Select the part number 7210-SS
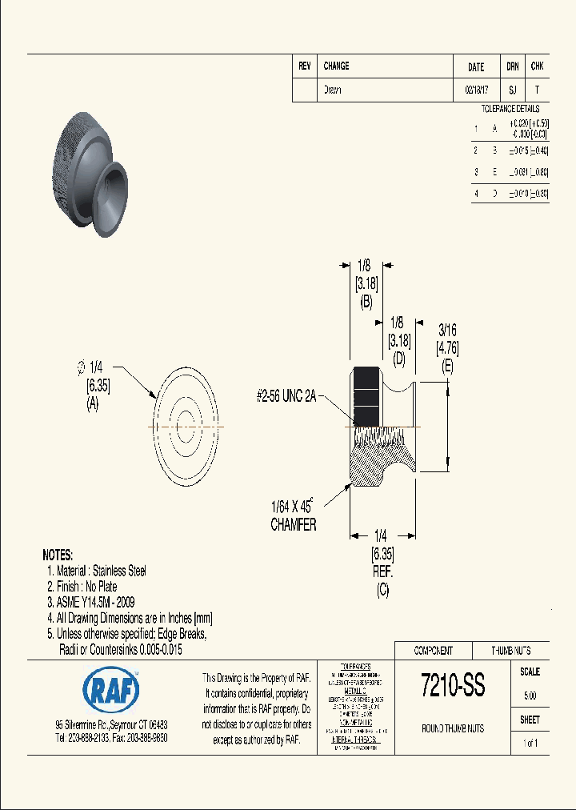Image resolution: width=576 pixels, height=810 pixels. [x=452, y=685]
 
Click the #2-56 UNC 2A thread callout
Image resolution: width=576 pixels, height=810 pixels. [x=286, y=395]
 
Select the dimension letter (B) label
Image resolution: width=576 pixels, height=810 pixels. [x=366, y=302]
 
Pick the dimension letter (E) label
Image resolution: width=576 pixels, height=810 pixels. [x=447, y=366]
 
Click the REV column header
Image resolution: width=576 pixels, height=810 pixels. [x=304, y=66]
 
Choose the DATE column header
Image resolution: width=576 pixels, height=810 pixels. [x=475, y=67]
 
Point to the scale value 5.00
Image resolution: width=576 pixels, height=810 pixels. [x=530, y=696]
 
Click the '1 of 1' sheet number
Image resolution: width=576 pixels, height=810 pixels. [x=530, y=744]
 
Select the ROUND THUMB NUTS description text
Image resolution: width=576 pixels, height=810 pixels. [x=452, y=728]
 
